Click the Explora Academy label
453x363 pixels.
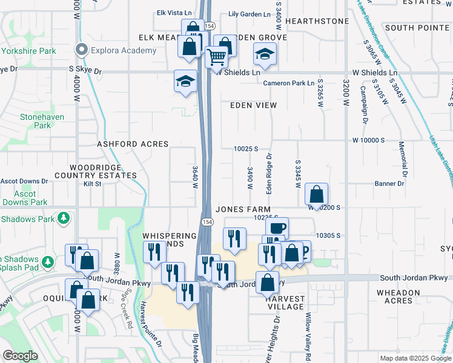tap(124, 50)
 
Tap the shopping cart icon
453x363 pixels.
tap(216, 57)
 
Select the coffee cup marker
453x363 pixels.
tap(277, 229)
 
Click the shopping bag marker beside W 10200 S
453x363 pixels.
tap(316, 194)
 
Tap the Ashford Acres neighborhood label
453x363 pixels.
tap(132, 145)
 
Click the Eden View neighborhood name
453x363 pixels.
tap(253, 105)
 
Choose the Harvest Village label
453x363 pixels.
tap(286, 302)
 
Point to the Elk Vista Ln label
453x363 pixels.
tap(173, 13)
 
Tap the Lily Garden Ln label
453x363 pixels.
tap(250, 13)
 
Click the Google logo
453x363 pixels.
tap(20, 356)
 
